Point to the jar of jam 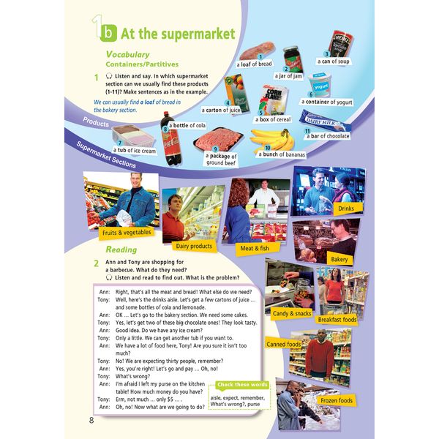coord(293,59)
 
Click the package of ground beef coord(217,138)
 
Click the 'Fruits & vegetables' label coord(127,232)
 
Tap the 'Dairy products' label coord(194,246)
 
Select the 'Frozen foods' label coord(336,400)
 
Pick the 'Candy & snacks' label coord(291,312)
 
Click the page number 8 coord(91,419)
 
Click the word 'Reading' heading coord(121,249)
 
